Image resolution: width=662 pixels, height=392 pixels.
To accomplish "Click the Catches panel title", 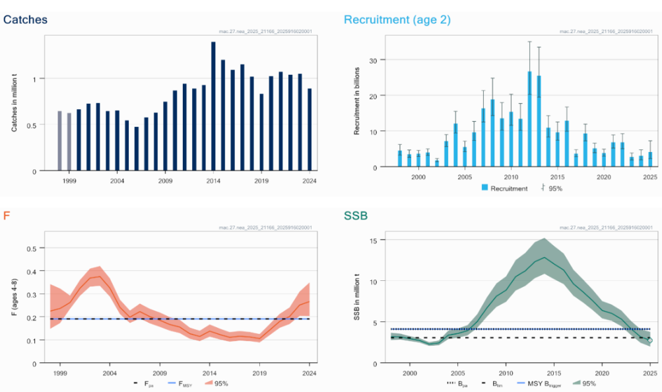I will click(x=25, y=19).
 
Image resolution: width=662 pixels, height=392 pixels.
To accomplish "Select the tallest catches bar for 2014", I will click(x=213, y=106).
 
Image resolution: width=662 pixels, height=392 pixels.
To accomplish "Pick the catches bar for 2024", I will click(x=310, y=130).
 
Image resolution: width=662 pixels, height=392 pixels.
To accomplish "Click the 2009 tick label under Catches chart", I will click(x=165, y=180).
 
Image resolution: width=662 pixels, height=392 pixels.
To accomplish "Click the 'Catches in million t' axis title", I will click(x=14, y=103).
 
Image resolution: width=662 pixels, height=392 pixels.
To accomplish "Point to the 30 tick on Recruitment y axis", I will click(x=373, y=60).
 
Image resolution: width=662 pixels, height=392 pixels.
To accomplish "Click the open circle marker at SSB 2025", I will click(x=649, y=340).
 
